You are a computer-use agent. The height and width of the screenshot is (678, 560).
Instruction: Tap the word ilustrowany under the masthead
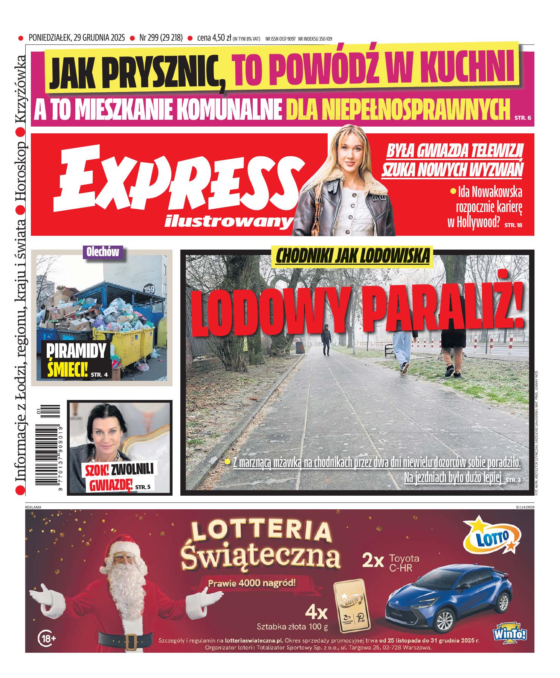coord(228,222)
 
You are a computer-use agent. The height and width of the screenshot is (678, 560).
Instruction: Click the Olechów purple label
coord(102,252)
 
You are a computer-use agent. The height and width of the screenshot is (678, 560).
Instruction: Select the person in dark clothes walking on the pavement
coord(327,339)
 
